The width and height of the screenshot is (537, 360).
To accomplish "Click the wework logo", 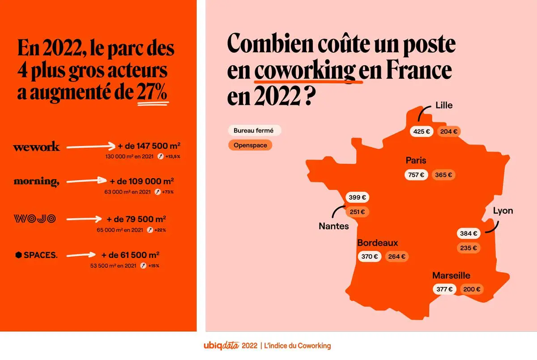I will (x=36, y=147).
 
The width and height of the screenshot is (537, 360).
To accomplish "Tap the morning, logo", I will (x=36, y=181).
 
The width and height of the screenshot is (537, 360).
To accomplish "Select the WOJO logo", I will (x=34, y=219).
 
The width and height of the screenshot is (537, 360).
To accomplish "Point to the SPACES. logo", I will (x=36, y=255).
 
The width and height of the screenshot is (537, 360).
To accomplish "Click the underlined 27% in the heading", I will (x=153, y=93).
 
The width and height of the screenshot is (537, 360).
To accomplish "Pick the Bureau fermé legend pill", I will (x=254, y=131).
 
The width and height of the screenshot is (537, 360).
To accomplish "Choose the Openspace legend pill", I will (x=250, y=146).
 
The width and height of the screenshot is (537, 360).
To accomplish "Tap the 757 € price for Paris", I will (x=416, y=175).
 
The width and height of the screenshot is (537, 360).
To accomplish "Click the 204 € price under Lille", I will (x=449, y=132).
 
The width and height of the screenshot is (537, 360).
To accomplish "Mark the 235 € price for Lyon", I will (x=469, y=248).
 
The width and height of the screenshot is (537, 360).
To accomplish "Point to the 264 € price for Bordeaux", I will (x=397, y=257).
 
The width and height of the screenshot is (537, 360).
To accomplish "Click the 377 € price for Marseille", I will (x=445, y=289).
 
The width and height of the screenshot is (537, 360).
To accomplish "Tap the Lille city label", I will (x=444, y=106).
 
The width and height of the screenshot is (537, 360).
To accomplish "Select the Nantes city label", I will (x=333, y=226).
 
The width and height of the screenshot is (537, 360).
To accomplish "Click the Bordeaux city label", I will (x=377, y=243).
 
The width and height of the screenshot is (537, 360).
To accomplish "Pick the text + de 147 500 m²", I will (x=149, y=146).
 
